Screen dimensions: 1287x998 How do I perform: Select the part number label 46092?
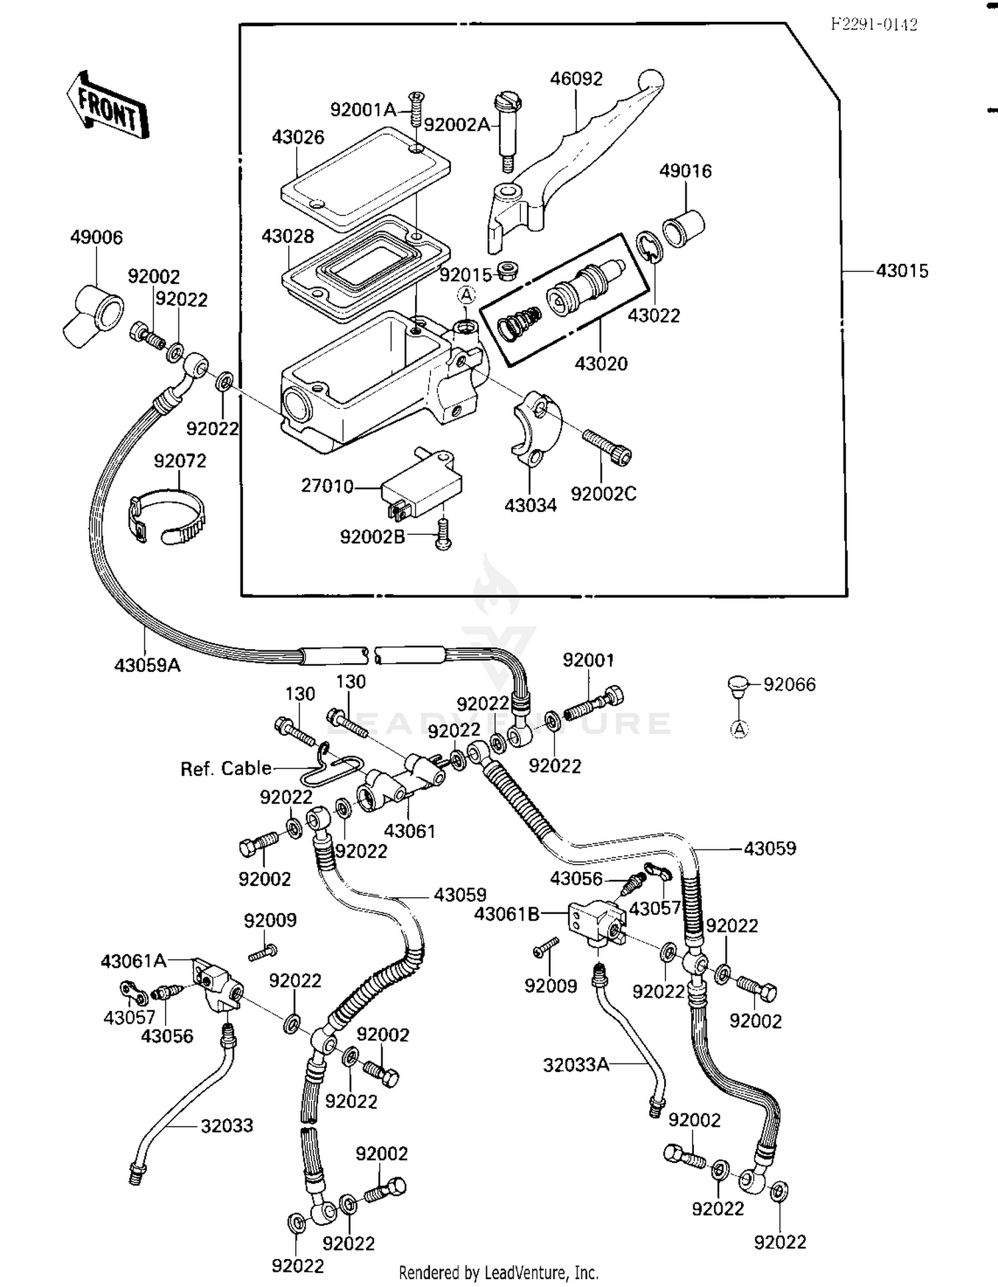(x=576, y=78)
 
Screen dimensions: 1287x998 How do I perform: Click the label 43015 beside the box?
(x=902, y=271)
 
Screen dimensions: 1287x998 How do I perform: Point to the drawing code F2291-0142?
(x=874, y=25)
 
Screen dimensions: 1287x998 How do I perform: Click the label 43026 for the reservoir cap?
(x=297, y=137)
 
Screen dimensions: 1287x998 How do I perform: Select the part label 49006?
(x=96, y=237)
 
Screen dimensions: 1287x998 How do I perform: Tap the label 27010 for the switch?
(x=327, y=486)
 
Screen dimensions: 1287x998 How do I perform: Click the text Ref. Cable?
(x=226, y=769)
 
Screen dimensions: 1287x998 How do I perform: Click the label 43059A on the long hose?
(x=147, y=664)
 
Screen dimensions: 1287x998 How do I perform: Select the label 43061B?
(x=506, y=915)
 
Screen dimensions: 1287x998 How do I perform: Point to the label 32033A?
(x=576, y=1065)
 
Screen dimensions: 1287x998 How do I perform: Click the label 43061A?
(x=133, y=961)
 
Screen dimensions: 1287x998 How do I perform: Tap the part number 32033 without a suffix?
(x=227, y=1125)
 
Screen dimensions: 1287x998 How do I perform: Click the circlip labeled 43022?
(x=649, y=248)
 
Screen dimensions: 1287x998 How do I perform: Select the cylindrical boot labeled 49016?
(x=683, y=227)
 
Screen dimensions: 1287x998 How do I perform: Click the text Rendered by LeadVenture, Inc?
(x=498, y=1273)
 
